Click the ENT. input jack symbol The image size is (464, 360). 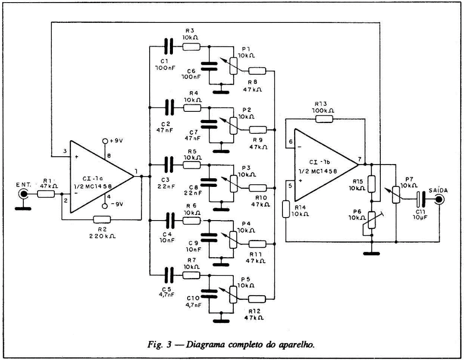click(x=21, y=195)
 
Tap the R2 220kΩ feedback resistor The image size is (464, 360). click(x=102, y=220)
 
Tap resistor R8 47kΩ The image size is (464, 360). click(x=257, y=71)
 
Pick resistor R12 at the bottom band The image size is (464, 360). click(x=257, y=298)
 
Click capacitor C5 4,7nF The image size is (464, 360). click(x=168, y=275)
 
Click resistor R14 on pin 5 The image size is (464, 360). click(x=286, y=210)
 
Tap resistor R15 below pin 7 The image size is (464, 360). click(x=372, y=183)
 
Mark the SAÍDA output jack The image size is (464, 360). click(x=439, y=199)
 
